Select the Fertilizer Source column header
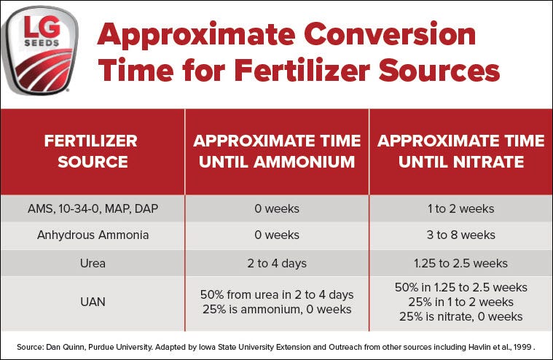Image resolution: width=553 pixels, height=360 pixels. [x=91, y=151]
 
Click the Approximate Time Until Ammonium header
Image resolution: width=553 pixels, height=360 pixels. [x=277, y=151]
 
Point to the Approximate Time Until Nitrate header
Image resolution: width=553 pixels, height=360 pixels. [x=460, y=151]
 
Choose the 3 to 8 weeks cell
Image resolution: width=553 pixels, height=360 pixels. [x=460, y=235]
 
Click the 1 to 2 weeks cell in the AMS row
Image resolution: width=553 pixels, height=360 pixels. [x=460, y=209]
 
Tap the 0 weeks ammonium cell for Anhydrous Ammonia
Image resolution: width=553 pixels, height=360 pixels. [x=277, y=235]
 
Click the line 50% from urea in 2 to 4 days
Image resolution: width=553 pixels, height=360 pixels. [x=277, y=294]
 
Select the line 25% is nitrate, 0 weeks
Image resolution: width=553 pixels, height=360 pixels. [x=460, y=316]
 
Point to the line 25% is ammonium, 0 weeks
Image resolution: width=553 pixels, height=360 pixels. [x=277, y=309]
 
